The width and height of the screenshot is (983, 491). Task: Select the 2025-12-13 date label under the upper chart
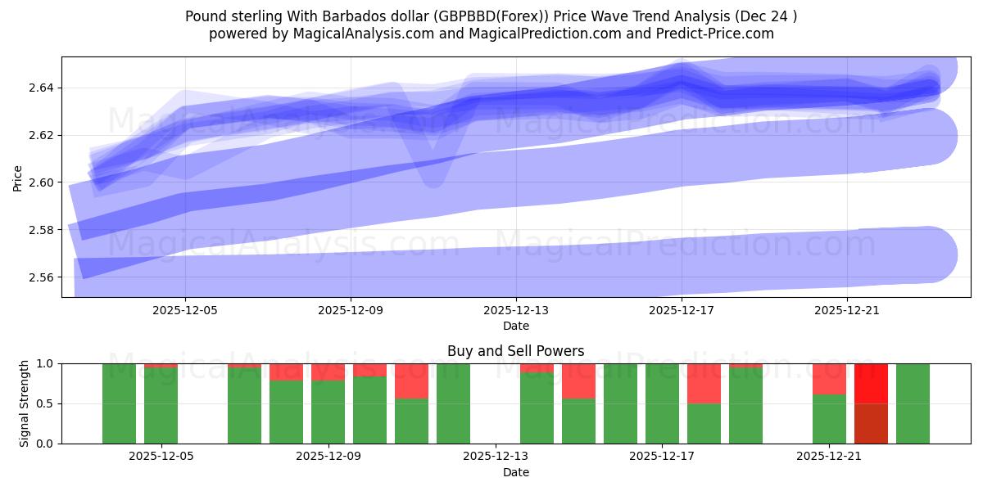click(x=516, y=311)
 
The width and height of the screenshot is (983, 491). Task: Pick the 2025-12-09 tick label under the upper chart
click(x=351, y=311)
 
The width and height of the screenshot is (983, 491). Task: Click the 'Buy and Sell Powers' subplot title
click(x=515, y=351)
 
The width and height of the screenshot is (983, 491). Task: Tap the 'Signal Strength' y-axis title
click(x=25, y=403)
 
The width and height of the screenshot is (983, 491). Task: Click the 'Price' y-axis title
click(x=18, y=177)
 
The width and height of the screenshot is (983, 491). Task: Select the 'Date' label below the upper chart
click(x=515, y=326)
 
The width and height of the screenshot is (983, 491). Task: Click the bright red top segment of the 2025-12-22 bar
click(x=871, y=383)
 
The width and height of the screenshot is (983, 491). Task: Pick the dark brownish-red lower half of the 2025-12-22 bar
click(x=871, y=423)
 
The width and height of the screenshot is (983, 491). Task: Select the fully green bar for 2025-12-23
click(x=913, y=403)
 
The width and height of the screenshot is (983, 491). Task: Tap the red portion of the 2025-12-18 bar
click(x=704, y=383)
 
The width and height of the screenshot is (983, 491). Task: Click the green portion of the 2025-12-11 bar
click(x=411, y=421)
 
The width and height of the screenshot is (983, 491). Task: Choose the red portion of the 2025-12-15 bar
click(x=578, y=381)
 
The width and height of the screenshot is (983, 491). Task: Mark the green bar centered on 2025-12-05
click(x=161, y=405)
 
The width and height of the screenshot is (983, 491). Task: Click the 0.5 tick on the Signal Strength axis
click(x=46, y=403)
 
